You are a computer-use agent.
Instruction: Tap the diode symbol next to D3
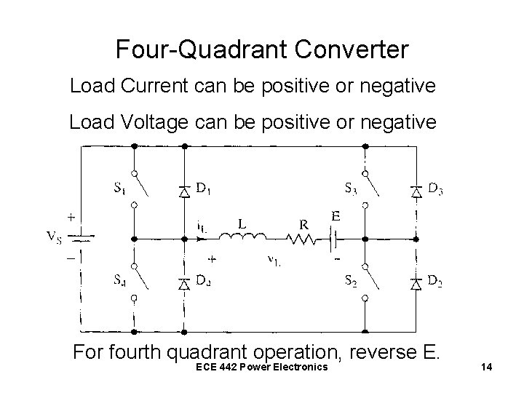click(416, 191)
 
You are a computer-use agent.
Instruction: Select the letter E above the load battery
click(336, 216)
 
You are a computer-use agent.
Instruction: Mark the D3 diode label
click(436, 191)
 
